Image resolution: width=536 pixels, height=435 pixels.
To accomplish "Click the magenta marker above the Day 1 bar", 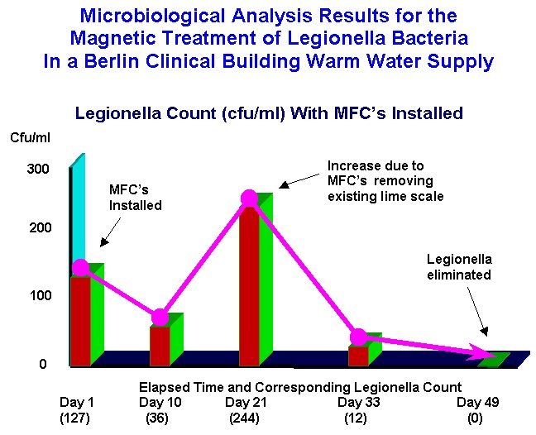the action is (81, 267).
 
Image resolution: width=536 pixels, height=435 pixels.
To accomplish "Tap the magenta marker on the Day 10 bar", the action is (160, 318).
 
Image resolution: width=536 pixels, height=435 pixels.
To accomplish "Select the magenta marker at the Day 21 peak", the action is (249, 198).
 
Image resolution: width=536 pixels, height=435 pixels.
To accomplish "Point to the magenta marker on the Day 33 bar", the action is (359, 337).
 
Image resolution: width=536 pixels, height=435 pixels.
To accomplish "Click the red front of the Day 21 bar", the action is (249, 286).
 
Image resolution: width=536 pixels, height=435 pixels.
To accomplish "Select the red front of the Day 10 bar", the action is (160, 347).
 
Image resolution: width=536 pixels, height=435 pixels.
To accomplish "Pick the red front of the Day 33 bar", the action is (359, 356).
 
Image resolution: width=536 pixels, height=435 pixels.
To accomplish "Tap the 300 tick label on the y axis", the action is (38, 169).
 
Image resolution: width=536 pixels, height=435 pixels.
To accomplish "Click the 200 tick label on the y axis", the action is (40, 227).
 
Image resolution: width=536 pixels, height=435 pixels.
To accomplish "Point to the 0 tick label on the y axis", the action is (43, 364).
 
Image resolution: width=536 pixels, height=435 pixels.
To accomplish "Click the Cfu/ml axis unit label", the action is (30, 138).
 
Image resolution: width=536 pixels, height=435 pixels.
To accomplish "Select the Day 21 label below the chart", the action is (246, 402).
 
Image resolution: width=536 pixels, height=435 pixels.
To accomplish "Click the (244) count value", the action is (244, 418).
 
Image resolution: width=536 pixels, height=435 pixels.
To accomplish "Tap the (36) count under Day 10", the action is (157, 418).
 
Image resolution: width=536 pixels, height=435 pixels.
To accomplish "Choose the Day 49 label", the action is (478, 402).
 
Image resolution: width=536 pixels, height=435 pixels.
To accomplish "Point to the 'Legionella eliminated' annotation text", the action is (459, 267).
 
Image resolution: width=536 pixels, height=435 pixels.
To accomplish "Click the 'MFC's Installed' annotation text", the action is (136, 198).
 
